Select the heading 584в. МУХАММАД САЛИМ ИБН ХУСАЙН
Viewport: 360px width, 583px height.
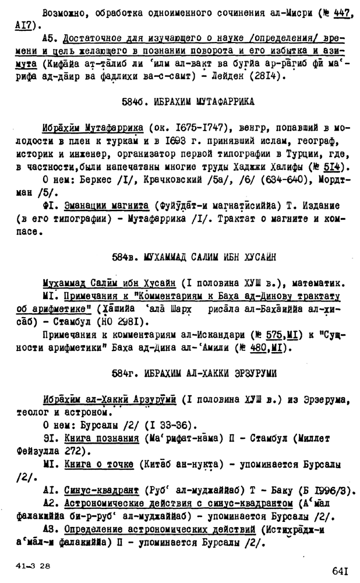(193, 257)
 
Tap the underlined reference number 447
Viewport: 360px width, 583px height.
(328, 14)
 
